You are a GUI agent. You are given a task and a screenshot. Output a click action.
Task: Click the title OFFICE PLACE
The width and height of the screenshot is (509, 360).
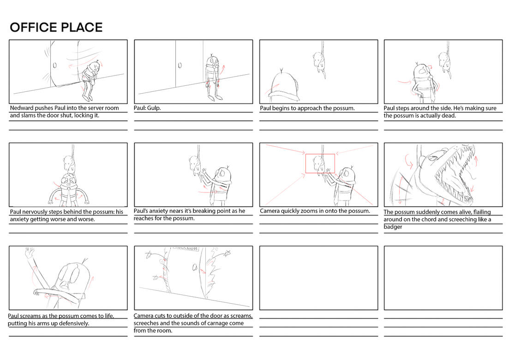pyautogui.click(x=56, y=27)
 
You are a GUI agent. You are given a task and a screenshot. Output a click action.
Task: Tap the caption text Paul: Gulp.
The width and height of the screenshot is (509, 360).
pyautogui.click(x=147, y=108)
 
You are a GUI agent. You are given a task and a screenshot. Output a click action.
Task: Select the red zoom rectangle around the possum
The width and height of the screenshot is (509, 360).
pyautogui.click(x=320, y=163)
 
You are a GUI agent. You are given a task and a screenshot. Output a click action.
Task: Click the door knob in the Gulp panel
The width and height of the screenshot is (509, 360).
pyautogui.click(x=180, y=65)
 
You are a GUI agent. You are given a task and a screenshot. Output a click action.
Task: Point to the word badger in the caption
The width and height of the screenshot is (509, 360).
pyautogui.click(x=393, y=227)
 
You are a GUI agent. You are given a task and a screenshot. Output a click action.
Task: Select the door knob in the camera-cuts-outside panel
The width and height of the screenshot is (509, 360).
pyautogui.click(x=195, y=267)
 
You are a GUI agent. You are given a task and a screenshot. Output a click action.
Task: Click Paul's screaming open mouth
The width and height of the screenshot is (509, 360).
pyautogui.click(x=65, y=285)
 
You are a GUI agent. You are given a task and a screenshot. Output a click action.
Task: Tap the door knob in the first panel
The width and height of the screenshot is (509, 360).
pyautogui.click(x=54, y=65)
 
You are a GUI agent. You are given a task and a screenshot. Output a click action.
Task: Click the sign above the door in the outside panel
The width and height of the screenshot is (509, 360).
pyautogui.click(x=184, y=248)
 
